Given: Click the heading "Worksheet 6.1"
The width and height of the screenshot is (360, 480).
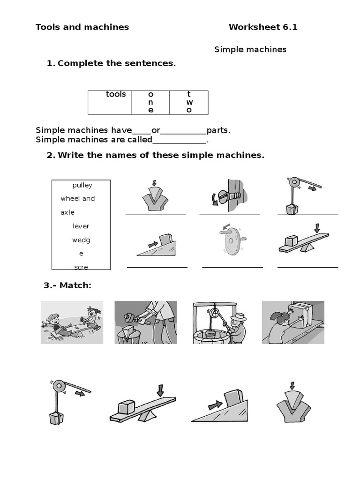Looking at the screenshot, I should (x=263, y=27).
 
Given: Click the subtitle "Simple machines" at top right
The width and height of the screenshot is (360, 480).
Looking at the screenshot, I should (x=250, y=50).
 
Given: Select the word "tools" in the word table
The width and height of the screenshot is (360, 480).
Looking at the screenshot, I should (x=116, y=94).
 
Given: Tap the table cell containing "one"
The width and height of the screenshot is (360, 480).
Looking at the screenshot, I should (x=150, y=102).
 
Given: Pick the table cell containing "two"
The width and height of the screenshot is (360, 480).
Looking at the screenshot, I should (x=189, y=102).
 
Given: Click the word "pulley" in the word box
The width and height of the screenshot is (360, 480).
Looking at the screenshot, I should (x=82, y=185).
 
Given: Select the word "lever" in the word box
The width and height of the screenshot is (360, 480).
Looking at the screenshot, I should (x=81, y=226).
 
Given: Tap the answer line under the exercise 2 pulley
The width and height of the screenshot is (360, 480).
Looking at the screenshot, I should (x=307, y=214).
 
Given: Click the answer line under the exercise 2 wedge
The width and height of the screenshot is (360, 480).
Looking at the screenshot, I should (x=156, y=214).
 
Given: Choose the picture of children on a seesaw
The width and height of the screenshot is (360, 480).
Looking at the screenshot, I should (x=72, y=322).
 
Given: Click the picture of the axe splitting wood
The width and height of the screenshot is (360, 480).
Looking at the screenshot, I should (x=146, y=322).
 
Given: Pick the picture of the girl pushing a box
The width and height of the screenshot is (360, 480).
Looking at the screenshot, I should (x=293, y=322).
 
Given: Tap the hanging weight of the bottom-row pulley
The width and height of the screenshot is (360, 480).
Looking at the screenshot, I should (x=55, y=417).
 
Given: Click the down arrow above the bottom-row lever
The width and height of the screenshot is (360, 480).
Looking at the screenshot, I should (x=161, y=390).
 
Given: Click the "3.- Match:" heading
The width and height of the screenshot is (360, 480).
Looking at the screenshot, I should (x=67, y=285).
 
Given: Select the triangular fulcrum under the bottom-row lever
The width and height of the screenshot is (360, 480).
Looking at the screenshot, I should (x=145, y=416).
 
